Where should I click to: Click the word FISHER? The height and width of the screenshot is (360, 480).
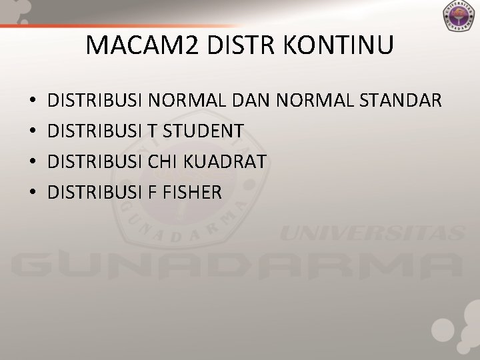[190, 192]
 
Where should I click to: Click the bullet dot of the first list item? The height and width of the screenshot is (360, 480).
[33, 102]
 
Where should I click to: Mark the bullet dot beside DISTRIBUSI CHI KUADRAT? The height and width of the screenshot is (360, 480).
[33, 162]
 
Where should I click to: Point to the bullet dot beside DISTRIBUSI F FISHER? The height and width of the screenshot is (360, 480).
[33, 193]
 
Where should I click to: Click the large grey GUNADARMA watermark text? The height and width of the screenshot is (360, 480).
[240, 267]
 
